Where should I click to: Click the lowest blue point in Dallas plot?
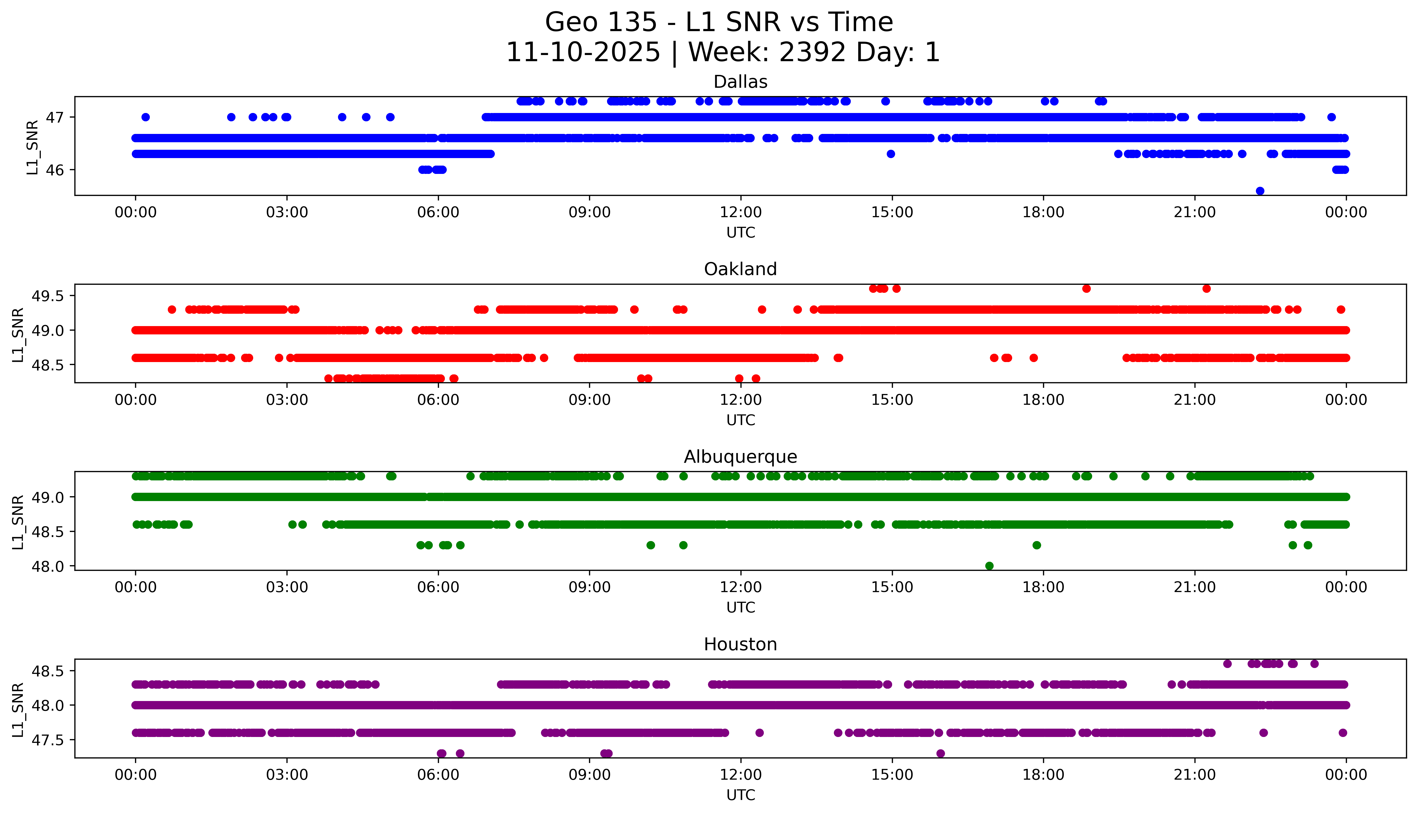[x=1260, y=191]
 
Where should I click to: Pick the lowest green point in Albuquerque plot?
[x=989, y=566]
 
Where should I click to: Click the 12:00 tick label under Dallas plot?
[x=740, y=213]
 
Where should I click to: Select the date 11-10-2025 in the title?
[x=583, y=53]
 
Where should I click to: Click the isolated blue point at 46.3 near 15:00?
[x=891, y=154]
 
